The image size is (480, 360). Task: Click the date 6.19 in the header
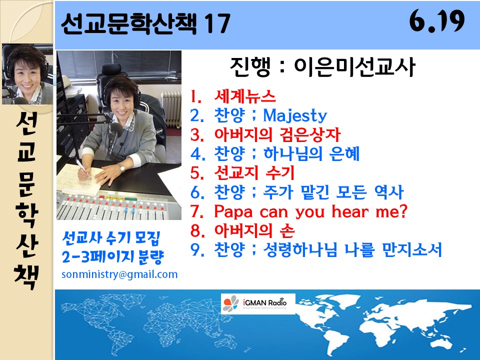pos(437,21)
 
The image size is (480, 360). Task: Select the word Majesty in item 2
pos(295,115)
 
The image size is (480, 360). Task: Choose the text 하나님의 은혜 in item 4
pos(311,153)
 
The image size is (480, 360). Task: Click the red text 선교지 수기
pos(254,172)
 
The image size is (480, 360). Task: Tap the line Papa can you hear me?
pos(299,211)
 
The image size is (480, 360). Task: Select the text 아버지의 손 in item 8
pos(254,230)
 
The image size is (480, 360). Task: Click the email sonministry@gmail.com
pos(119,274)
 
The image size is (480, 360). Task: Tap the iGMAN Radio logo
pos(258,303)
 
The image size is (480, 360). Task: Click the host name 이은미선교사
pos(354,66)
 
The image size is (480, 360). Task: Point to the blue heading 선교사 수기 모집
pos(111,238)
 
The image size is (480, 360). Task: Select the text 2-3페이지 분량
pos(112,257)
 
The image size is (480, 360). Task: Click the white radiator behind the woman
pos(171,109)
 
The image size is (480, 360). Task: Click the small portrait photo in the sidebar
pos(27,74)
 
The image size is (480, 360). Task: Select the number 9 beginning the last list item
pos(195,250)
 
